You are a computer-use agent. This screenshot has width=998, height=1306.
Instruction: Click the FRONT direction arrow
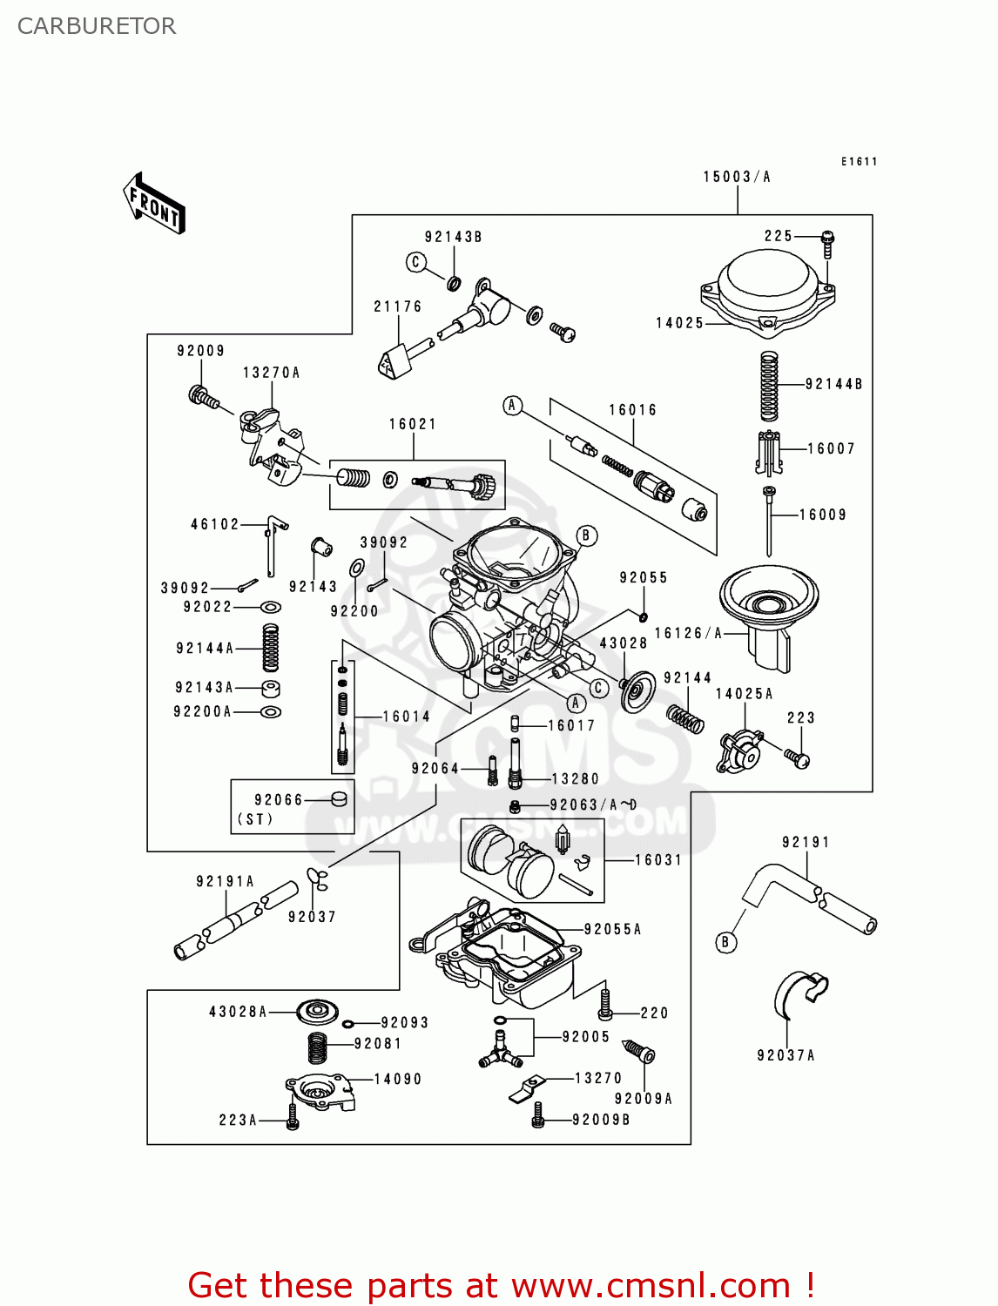pos(154,204)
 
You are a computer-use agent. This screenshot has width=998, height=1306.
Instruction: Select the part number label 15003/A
pos(737,177)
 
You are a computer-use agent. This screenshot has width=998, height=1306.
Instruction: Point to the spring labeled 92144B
pos(769,387)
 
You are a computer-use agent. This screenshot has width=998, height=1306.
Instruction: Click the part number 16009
pos(823,515)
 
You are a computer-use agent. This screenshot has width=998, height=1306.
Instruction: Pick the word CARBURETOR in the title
pos(97,26)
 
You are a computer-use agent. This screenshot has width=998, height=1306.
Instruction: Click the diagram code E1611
pos(859,161)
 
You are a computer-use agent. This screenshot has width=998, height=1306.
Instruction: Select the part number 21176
pos(397,306)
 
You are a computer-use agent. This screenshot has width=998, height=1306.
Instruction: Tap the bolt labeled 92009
pos(202,397)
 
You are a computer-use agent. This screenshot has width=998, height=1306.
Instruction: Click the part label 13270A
pos(271,373)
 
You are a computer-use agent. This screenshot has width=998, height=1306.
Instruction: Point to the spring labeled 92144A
pos(271,648)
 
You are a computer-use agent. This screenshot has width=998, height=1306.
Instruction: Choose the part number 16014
pos(407,717)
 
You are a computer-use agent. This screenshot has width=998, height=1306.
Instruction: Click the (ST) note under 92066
pos(254,819)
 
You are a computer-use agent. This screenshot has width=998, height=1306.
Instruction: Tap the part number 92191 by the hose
pos(806,842)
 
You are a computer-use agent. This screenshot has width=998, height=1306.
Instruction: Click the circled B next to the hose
pos(725,942)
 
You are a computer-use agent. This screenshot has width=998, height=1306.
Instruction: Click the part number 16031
pos(657,860)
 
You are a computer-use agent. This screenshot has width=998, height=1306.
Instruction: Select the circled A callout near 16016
pos(513,405)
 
